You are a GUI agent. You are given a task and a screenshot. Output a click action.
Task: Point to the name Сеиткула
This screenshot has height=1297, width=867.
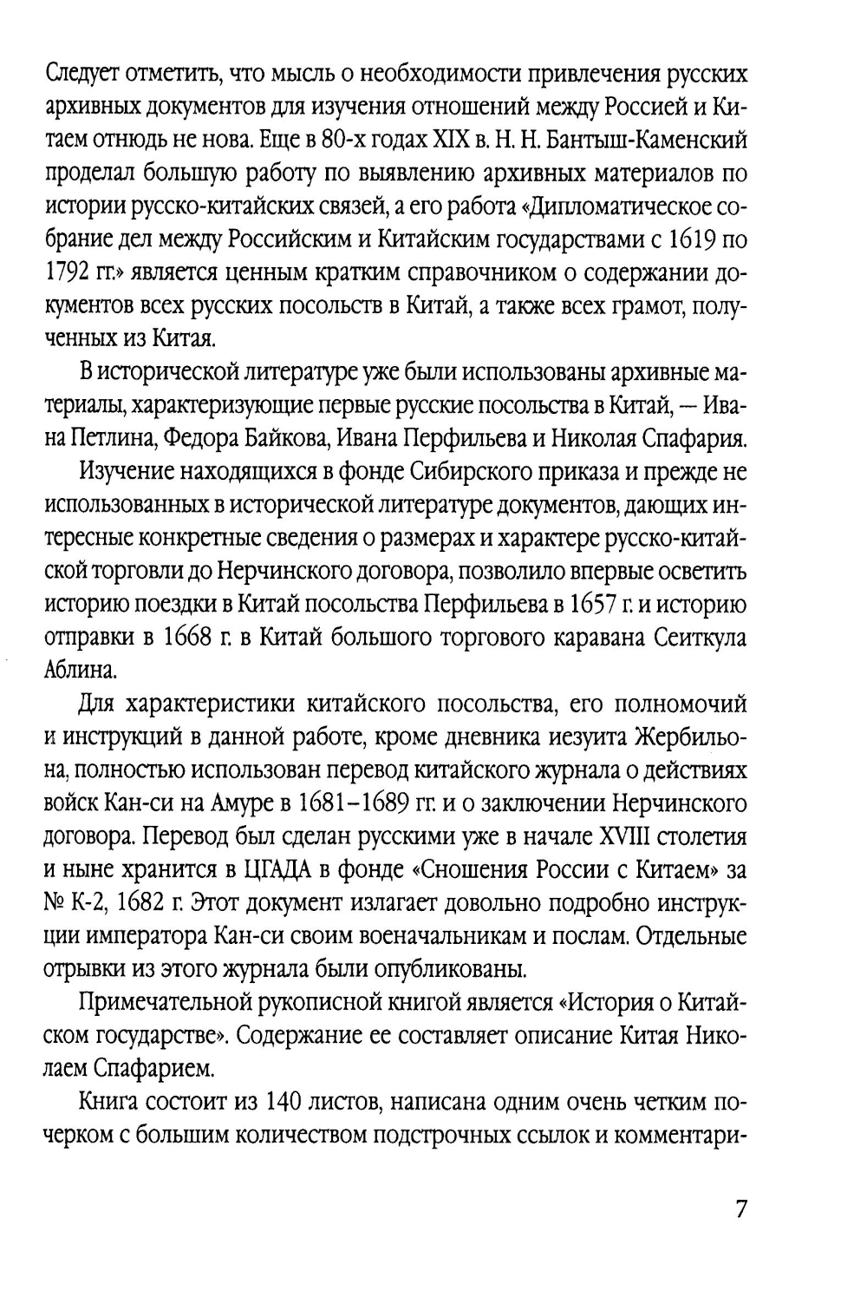[x=695, y=638]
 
